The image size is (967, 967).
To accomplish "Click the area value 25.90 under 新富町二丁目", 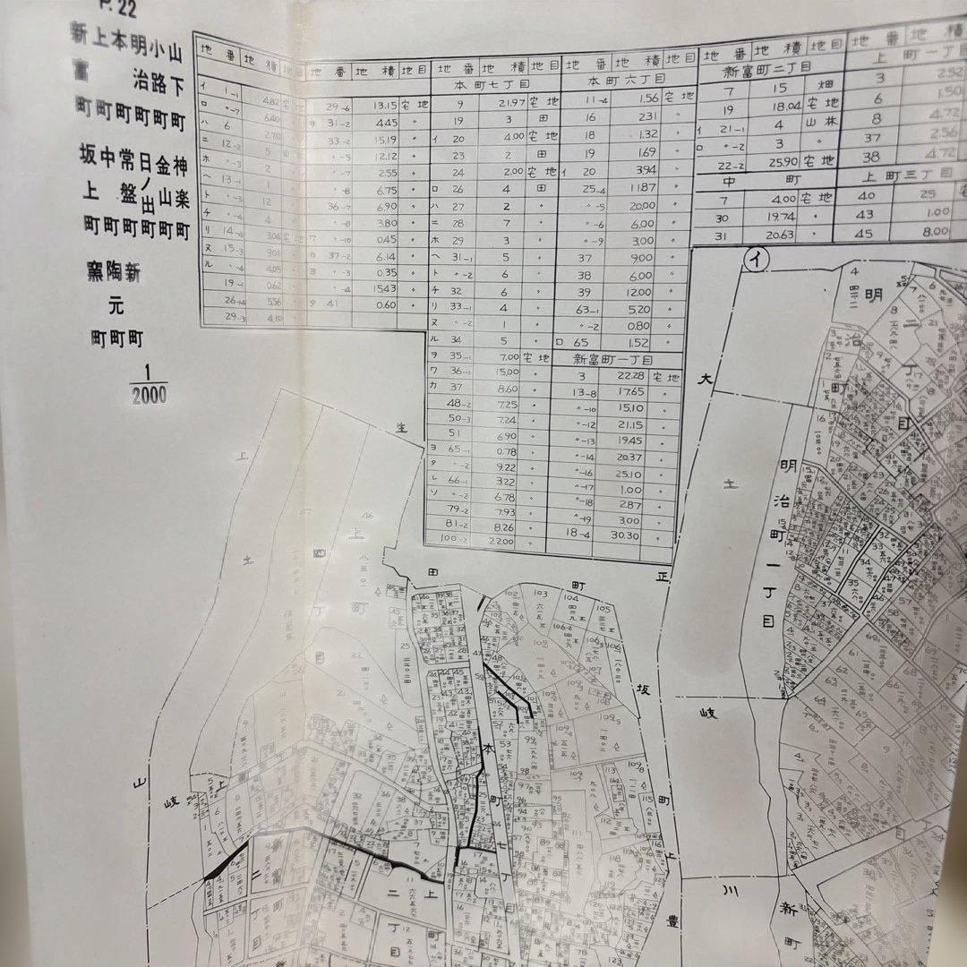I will coord(783,162).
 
